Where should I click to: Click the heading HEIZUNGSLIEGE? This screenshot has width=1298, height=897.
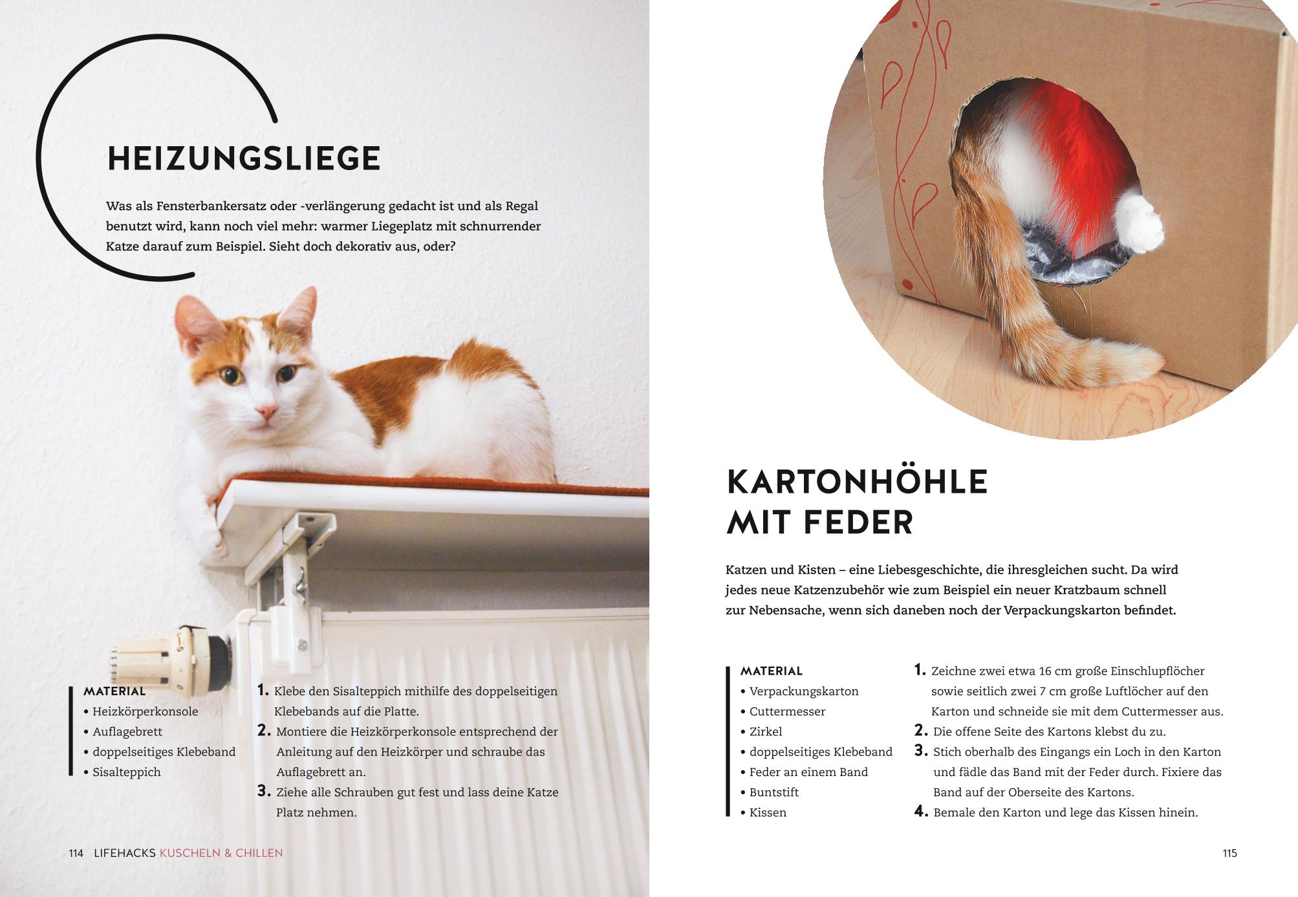click(x=244, y=158)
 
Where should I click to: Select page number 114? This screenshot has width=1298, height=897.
click(x=76, y=853)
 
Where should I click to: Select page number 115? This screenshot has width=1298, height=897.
click(x=1229, y=853)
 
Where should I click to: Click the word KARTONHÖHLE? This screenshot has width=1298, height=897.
click(x=857, y=482)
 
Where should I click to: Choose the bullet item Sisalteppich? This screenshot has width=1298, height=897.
click(x=122, y=772)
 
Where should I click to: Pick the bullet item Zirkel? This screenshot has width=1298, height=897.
click(x=761, y=731)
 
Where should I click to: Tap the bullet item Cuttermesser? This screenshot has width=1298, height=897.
click(x=783, y=711)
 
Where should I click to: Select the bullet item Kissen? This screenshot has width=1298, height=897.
click(x=763, y=812)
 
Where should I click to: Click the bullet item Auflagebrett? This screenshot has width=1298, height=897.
click(x=123, y=731)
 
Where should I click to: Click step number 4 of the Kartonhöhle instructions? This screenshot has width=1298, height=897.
click(x=921, y=812)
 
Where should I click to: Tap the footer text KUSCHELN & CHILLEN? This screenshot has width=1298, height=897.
click(x=221, y=853)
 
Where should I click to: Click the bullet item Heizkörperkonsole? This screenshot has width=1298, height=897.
click(x=141, y=711)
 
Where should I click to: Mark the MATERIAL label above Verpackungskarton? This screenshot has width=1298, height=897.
click(x=772, y=671)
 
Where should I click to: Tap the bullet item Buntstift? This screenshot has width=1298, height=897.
click(x=770, y=792)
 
